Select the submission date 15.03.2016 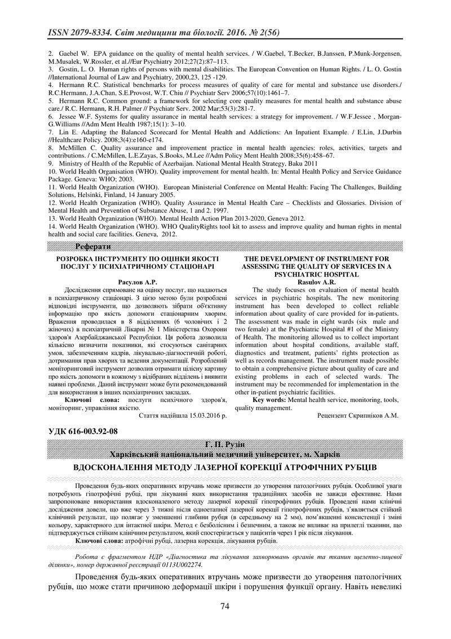pos(200,415)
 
